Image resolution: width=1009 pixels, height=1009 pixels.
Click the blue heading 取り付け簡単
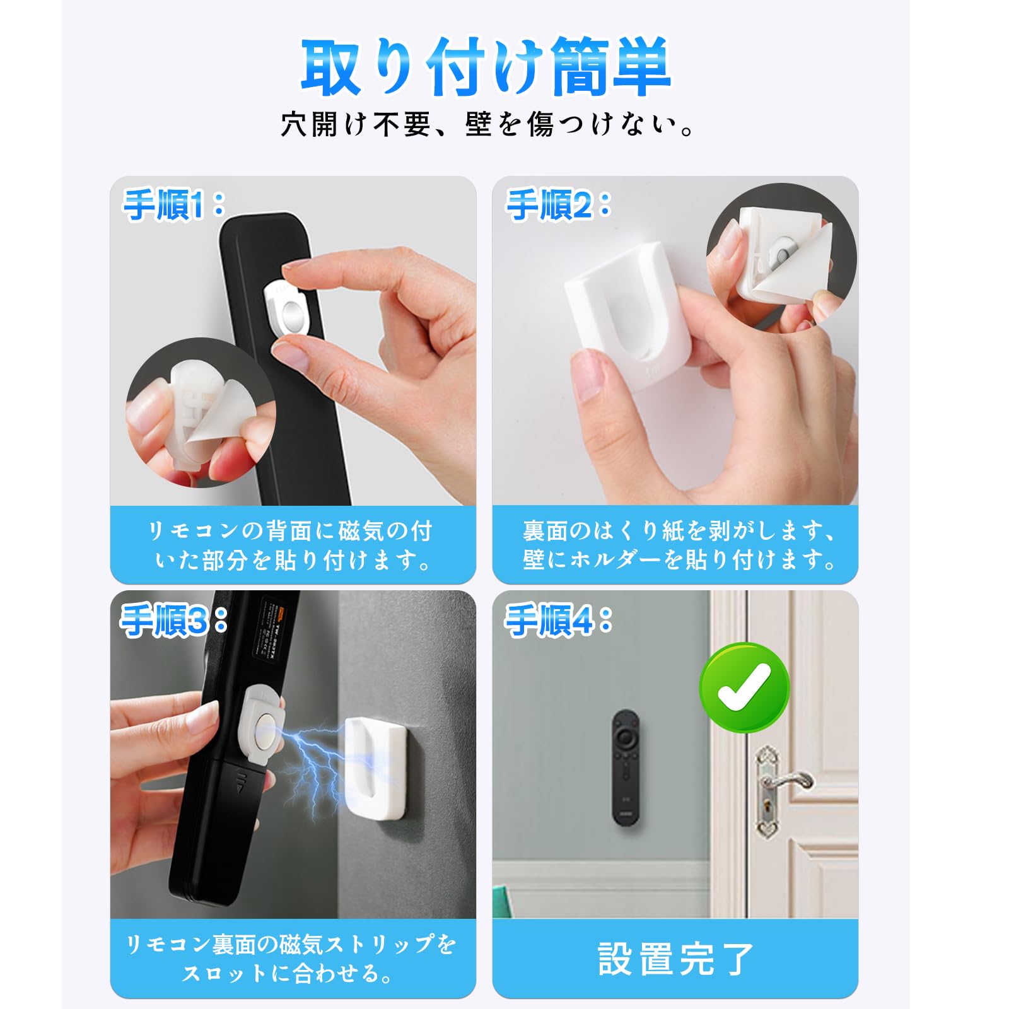click(x=486, y=67)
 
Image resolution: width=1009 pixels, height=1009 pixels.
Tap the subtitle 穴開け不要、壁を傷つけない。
click(x=487, y=124)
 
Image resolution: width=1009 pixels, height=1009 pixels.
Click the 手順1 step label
click(x=173, y=205)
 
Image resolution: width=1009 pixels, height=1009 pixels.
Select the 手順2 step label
click(x=558, y=205)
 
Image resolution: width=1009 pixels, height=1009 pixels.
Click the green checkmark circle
click(x=745, y=687)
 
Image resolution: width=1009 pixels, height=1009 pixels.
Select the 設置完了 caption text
click(x=675, y=959)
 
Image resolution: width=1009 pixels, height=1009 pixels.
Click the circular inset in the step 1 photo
click(x=201, y=413)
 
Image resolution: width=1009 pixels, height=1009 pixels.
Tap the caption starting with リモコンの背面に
click(x=292, y=545)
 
